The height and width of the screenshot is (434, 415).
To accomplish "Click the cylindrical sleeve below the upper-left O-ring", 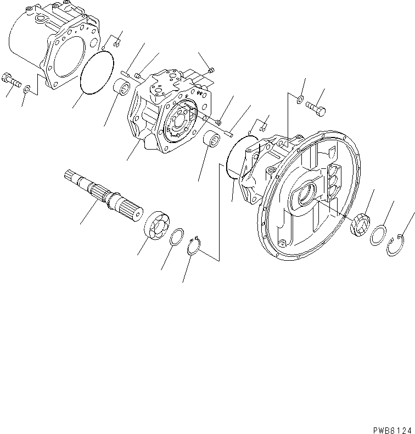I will point(122,87).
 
